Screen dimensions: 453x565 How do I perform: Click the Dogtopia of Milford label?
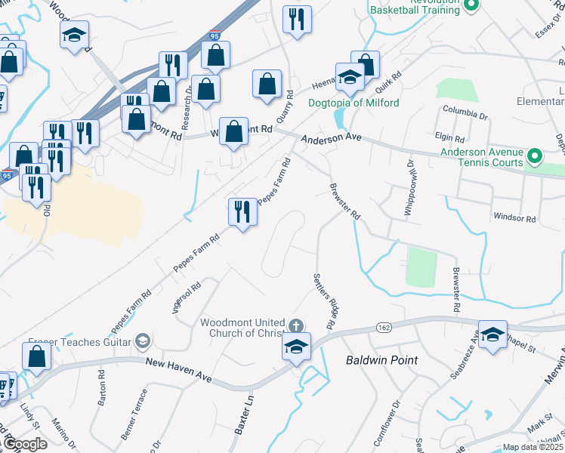click(354, 103)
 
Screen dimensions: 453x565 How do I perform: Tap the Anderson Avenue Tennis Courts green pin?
click(535, 157)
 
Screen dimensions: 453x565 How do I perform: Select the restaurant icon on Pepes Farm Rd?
click(242, 211)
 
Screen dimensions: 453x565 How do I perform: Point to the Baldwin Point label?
click(381, 360)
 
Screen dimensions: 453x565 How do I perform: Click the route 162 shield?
click(383, 327)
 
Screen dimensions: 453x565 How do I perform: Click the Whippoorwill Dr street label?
click(409, 188)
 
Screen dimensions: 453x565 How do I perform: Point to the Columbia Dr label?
click(466, 115)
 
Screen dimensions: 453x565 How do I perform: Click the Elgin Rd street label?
click(449, 138)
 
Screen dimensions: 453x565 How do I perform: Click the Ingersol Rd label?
click(186, 297)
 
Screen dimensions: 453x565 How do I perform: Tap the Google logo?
click(25, 445)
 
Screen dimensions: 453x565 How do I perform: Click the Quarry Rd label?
click(286, 106)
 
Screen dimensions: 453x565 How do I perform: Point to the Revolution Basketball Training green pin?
click(471, 6)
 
